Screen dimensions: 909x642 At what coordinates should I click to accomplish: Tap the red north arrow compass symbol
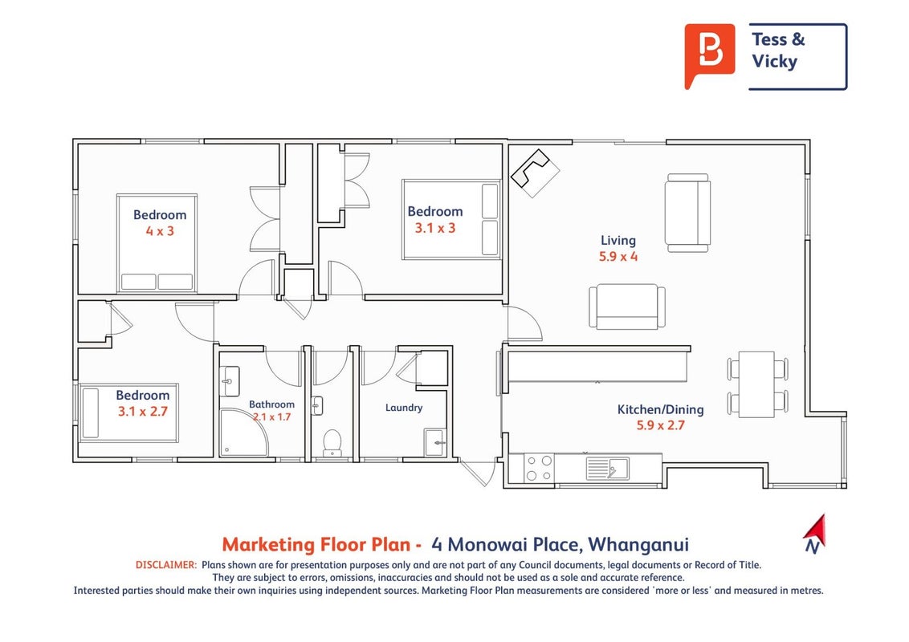pos(816,533)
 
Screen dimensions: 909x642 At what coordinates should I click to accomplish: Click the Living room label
pos(618,240)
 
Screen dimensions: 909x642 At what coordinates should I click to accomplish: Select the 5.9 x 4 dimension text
pos(618,256)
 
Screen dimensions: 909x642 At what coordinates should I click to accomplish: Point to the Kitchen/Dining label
pos(660,409)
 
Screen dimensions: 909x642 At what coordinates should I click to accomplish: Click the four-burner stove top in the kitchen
pos(539,468)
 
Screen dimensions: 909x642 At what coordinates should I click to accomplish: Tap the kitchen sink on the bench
pos(608,468)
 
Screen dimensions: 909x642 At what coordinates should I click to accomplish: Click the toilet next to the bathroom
pos(332,443)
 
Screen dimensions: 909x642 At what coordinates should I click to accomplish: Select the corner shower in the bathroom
pos(244,433)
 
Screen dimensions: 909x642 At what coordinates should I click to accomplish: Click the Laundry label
pos(403,408)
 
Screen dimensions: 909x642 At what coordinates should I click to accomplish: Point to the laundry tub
pos(435,443)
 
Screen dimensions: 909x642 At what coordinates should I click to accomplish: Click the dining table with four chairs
pos(757,384)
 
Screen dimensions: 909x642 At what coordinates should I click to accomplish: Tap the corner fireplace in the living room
pos(535,173)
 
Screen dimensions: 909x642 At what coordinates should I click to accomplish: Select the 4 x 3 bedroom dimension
pos(160,230)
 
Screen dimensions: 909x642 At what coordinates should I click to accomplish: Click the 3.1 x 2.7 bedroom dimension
pos(143,412)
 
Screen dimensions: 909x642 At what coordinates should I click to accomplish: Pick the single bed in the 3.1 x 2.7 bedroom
pos(128,412)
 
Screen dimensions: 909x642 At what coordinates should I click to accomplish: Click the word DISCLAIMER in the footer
pos(166,564)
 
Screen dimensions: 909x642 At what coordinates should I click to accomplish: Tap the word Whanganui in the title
pos(638,544)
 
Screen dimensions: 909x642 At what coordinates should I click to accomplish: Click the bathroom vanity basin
pos(230,381)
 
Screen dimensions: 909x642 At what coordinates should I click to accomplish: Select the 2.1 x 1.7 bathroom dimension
pos(272,416)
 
